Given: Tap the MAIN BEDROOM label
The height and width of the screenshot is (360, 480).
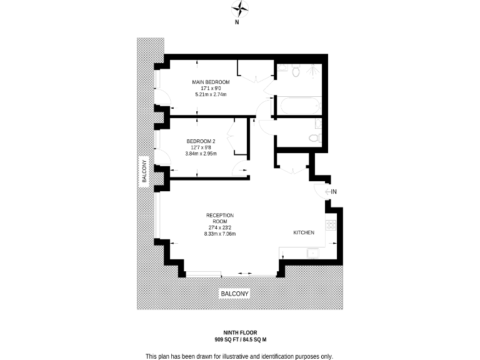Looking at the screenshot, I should tap(210, 82).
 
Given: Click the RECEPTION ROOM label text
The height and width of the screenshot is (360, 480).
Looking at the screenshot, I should tap(219, 218).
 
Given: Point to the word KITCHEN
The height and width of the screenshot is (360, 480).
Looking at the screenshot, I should tap(304, 232).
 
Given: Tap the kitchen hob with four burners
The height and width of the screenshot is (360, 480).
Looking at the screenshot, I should tap(331, 224).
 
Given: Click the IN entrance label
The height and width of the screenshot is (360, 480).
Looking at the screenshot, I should tap(334, 192).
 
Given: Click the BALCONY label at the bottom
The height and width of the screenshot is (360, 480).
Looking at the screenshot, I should tap(234, 294).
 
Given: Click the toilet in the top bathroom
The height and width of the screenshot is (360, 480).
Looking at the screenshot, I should tap(296, 72).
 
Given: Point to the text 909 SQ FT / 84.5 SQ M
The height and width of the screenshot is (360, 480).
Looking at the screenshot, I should tap(240, 339).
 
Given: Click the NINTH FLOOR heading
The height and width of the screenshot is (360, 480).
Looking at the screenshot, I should tap(240, 332).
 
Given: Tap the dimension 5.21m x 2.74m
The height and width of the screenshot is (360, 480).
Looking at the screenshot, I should tap(210, 94).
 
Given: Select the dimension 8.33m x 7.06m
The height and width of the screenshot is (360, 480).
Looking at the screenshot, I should tap(219, 234).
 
